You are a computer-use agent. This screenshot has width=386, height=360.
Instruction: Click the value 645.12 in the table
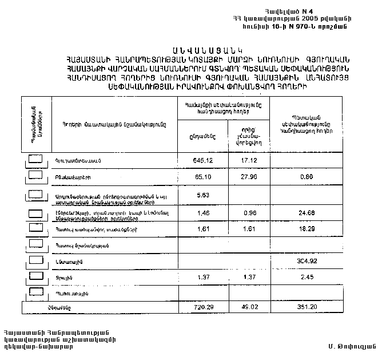pyautogui.click(x=202, y=161)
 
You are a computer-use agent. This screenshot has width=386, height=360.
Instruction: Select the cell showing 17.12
pyautogui.click(x=249, y=161)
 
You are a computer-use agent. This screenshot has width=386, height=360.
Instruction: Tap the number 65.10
pyautogui.click(x=202, y=177)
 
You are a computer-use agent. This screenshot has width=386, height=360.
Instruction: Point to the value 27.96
pyautogui.click(x=249, y=177)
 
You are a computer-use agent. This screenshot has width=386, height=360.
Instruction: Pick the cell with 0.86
pyautogui.click(x=307, y=177)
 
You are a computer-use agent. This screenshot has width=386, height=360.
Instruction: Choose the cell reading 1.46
pyautogui.click(x=202, y=213)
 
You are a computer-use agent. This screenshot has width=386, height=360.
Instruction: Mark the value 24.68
pyautogui.click(x=307, y=213)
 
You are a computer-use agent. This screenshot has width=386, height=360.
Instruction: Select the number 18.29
pyautogui.click(x=307, y=229)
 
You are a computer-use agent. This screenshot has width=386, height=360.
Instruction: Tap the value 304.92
pyautogui.click(x=307, y=261)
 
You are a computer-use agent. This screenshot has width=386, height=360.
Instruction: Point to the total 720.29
pyautogui.click(x=202, y=308)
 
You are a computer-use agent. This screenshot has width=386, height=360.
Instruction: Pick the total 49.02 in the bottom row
pyautogui.click(x=249, y=308)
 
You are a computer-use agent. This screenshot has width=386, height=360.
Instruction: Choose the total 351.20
pyautogui.click(x=307, y=308)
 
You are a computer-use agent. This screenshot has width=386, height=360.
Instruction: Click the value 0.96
pyautogui.click(x=249, y=213)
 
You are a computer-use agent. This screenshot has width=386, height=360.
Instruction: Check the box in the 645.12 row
pyautogui.click(x=35, y=160)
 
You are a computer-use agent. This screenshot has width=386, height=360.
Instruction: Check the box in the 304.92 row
pyautogui.click(x=35, y=260)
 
